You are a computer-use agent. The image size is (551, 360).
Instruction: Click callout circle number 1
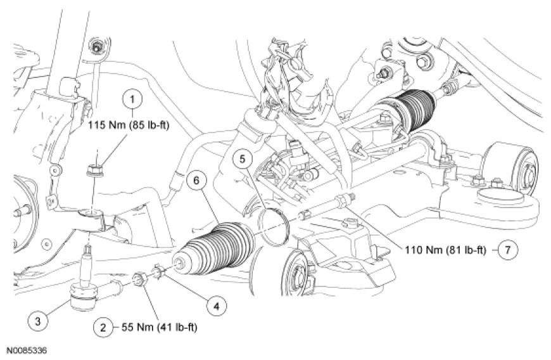[132, 100]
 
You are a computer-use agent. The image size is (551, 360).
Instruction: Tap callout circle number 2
[103, 328]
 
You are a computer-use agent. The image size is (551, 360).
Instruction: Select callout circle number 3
[38, 321]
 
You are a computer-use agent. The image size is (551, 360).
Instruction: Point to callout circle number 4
[216, 307]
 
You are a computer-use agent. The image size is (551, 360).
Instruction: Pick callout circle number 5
[243, 159]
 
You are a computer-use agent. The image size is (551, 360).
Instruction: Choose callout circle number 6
[196, 181]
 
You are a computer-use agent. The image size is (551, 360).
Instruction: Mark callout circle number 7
[508, 250]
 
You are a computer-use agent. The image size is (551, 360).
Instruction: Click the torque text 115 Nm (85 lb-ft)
[129, 125]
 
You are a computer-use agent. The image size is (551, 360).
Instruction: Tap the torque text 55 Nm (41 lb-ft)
[159, 328]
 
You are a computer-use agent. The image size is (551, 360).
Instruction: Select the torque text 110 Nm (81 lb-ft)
[445, 250]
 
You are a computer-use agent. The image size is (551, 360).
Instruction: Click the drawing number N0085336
[27, 351]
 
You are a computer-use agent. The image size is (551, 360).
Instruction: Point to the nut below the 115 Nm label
[94, 171]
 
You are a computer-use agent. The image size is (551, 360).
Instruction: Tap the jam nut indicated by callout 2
[139, 280]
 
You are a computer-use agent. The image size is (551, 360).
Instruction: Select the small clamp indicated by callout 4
[158, 272]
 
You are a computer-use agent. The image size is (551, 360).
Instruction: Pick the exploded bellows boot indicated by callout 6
[215, 248]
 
